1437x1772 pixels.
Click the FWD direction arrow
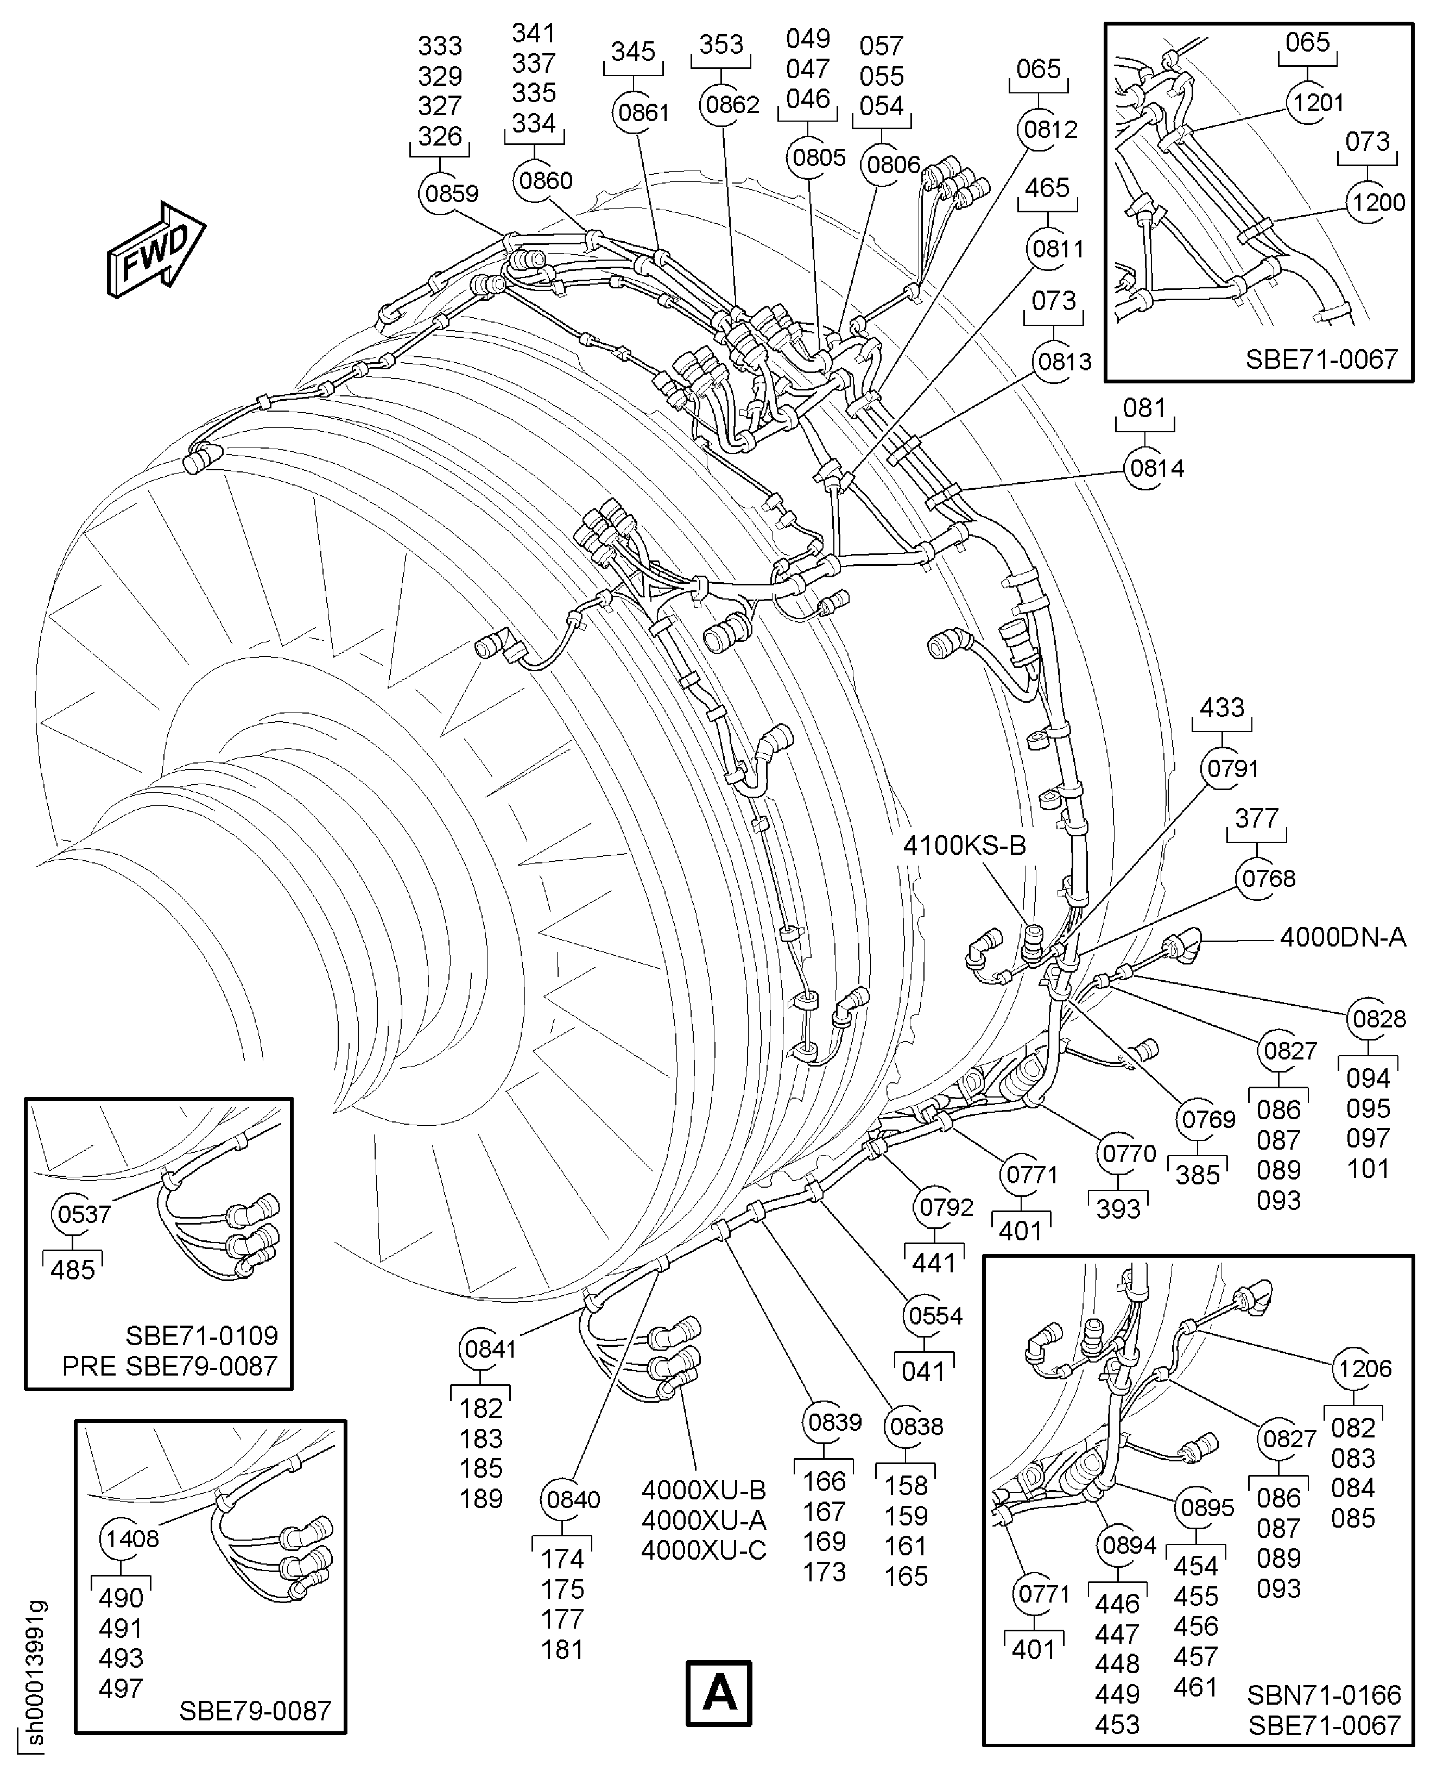coord(156,249)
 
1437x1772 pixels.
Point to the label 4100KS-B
coord(964,846)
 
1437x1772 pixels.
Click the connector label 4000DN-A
coord(1342,937)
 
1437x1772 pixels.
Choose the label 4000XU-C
coord(704,1550)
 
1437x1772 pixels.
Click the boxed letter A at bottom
coord(719,1693)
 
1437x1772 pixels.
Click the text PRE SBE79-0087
coord(170,1365)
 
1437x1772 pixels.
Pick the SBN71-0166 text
coord(1324,1694)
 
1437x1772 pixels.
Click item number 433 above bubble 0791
coord(1222,708)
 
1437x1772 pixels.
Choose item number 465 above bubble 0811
coord(1047,188)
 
